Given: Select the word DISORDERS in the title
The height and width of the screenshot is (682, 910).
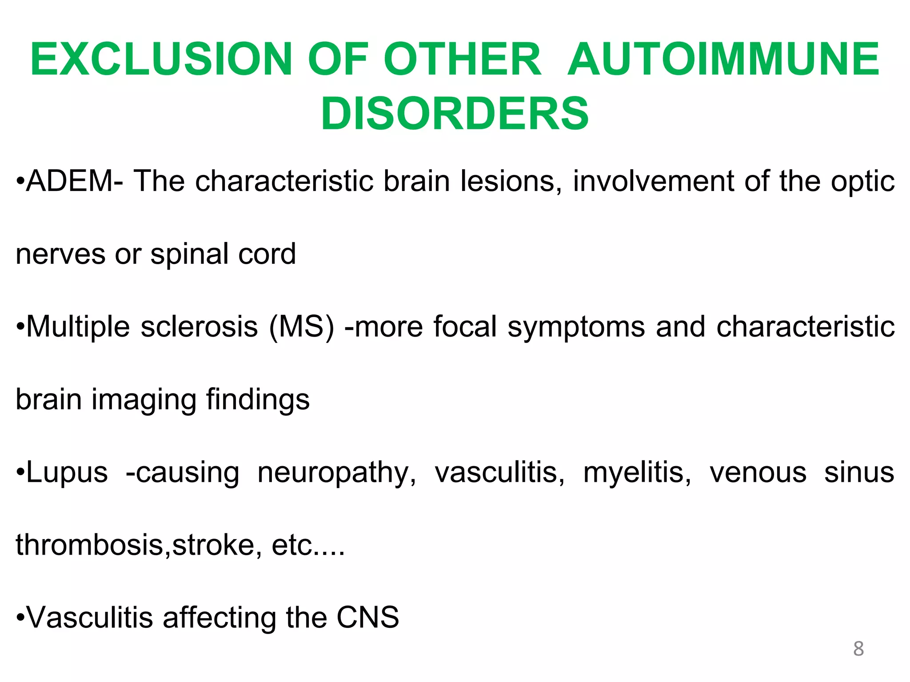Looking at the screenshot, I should click(455, 114).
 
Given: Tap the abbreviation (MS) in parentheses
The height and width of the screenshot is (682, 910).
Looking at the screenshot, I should click(302, 327).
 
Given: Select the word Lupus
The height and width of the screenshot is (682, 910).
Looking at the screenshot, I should click(67, 472).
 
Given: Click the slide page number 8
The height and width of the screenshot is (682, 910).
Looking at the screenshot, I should click(858, 649).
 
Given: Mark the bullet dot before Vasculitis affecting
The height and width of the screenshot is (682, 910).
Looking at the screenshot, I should click(20, 618).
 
